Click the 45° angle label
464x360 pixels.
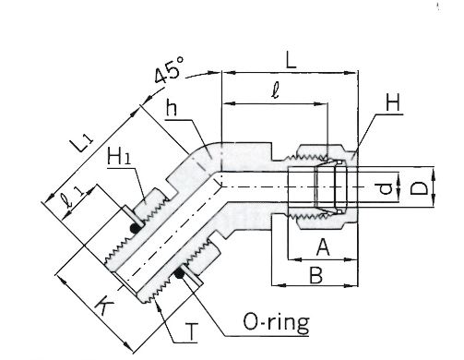[x=169, y=70]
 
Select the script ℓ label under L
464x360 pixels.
[x=276, y=90]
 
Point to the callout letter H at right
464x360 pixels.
[x=393, y=102]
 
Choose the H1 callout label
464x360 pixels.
[x=118, y=156]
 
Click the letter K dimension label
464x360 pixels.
[x=104, y=306]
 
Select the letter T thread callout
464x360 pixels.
[x=191, y=331]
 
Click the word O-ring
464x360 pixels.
[x=276, y=322]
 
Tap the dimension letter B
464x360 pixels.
[x=315, y=275]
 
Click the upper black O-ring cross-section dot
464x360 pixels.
[x=135, y=228]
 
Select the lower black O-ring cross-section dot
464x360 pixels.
[x=179, y=272]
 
